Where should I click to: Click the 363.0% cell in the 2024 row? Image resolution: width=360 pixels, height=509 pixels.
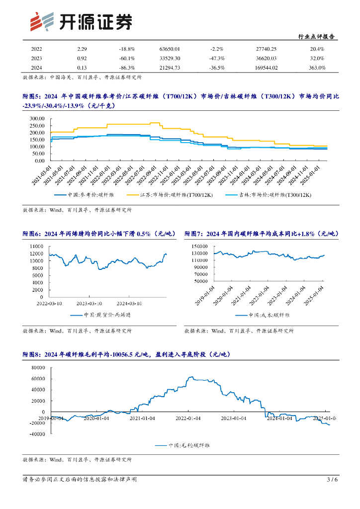coord(317,68)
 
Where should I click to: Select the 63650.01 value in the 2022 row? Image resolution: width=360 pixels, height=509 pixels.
coord(170,49)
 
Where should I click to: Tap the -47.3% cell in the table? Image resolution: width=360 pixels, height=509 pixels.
coord(216,58)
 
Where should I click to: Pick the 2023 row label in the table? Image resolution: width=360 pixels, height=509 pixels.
coord(36,58)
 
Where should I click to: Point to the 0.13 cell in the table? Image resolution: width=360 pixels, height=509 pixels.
coord(82,68)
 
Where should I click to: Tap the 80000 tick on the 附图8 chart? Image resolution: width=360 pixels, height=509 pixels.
coord(37,368)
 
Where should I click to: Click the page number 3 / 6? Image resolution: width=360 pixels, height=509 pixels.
coord(332,480)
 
